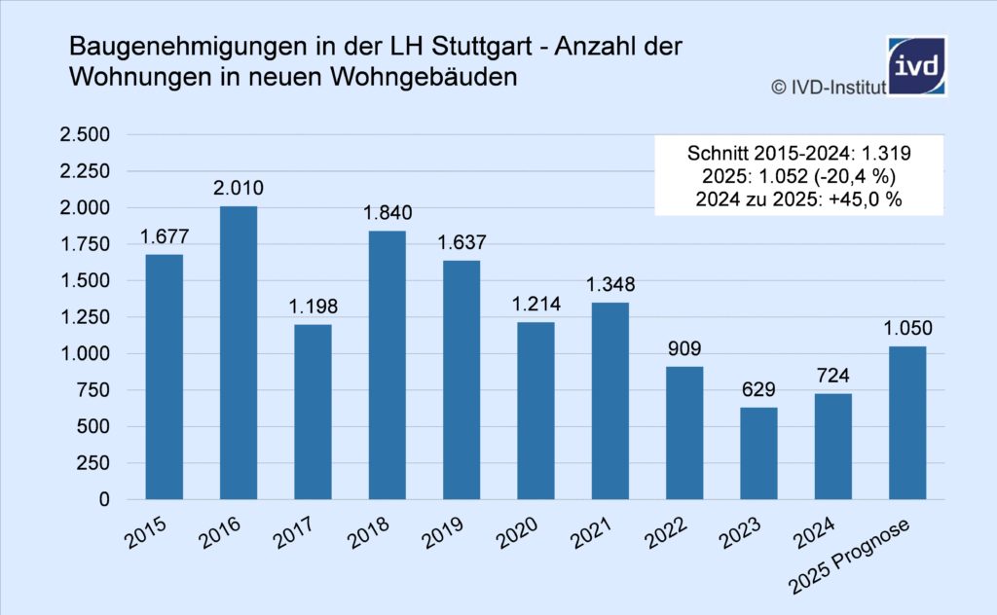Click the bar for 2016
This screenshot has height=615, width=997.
pos(239,352)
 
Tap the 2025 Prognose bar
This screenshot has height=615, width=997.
pos(907,422)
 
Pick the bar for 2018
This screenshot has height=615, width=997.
pos(388,365)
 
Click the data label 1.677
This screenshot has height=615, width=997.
pos(165,237)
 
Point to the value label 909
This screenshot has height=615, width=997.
pos(684,348)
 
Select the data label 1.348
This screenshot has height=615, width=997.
pos(609,285)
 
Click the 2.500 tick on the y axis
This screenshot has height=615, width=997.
pos(87,134)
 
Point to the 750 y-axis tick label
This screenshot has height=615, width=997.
pos(95,390)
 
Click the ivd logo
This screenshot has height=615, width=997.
pos(916,65)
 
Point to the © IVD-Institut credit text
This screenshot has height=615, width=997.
pos(828,88)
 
